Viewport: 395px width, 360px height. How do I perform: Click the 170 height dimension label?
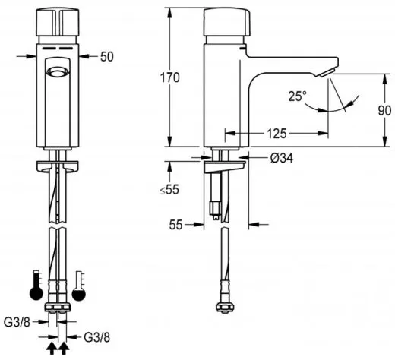point(169,77)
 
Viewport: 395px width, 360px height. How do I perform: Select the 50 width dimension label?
point(107,57)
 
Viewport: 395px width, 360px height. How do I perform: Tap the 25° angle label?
point(297,96)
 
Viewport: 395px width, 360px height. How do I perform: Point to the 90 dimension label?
point(384,111)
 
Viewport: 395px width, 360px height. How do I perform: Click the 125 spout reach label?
point(276,134)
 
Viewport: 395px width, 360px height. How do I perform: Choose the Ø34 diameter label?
point(282,159)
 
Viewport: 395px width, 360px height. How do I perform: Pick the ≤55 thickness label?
point(169,189)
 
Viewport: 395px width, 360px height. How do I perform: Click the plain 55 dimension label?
point(175,225)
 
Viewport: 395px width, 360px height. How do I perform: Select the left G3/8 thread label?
point(17,322)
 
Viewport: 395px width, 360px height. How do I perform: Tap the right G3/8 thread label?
point(97,337)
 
